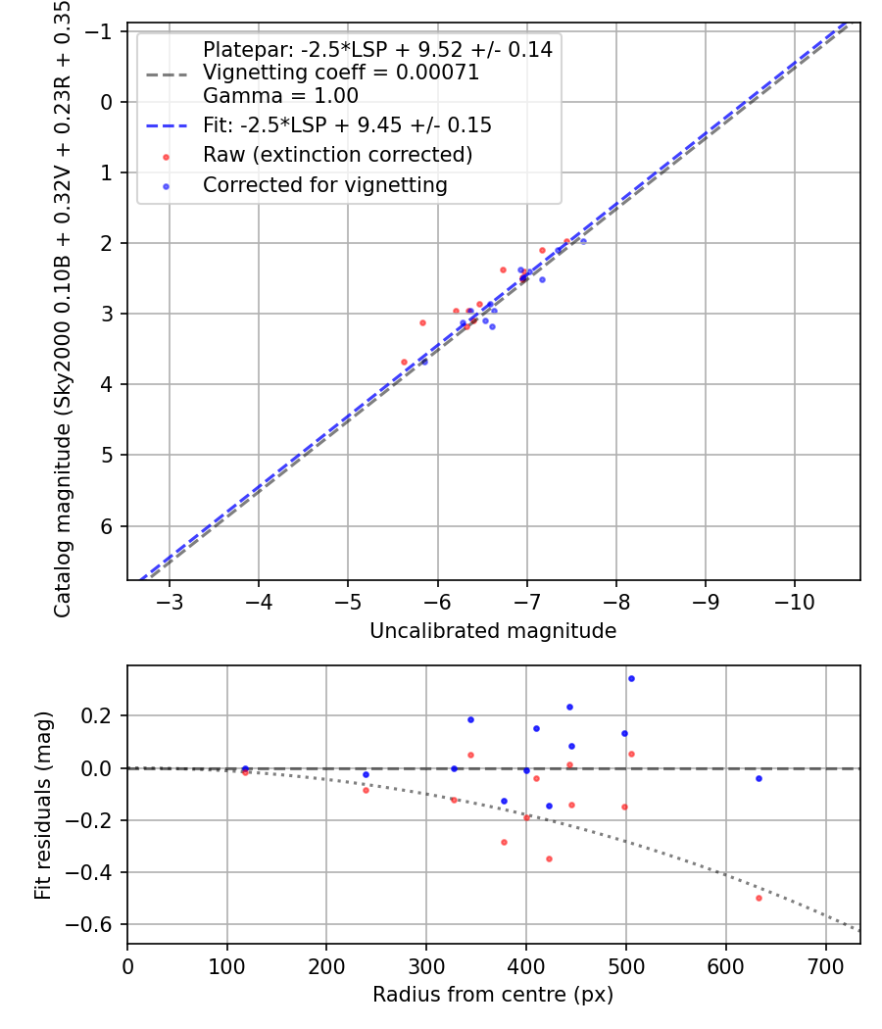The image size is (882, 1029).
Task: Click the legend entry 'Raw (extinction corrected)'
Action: point(337,155)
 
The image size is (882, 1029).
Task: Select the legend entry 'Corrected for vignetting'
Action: point(324,185)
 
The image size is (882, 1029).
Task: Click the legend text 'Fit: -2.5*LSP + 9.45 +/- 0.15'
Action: point(347,125)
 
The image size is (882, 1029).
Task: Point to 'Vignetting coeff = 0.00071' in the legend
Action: point(340,73)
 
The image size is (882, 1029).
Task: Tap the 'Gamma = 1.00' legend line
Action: point(280,96)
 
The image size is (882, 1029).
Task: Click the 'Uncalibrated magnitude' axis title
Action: point(493,631)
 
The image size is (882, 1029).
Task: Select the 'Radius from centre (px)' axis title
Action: point(493,995)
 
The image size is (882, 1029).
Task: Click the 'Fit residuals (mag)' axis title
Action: point(42,806)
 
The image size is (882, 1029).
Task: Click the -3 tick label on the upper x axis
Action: point(170,601)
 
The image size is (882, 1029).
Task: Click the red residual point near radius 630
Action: point(759,898)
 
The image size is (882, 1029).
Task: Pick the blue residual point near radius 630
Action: point(759,778)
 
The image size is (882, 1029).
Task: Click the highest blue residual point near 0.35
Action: point(631,678)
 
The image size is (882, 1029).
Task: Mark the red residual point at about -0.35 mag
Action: point(549,858)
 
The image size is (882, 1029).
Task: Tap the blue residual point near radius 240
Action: point(367,774)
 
